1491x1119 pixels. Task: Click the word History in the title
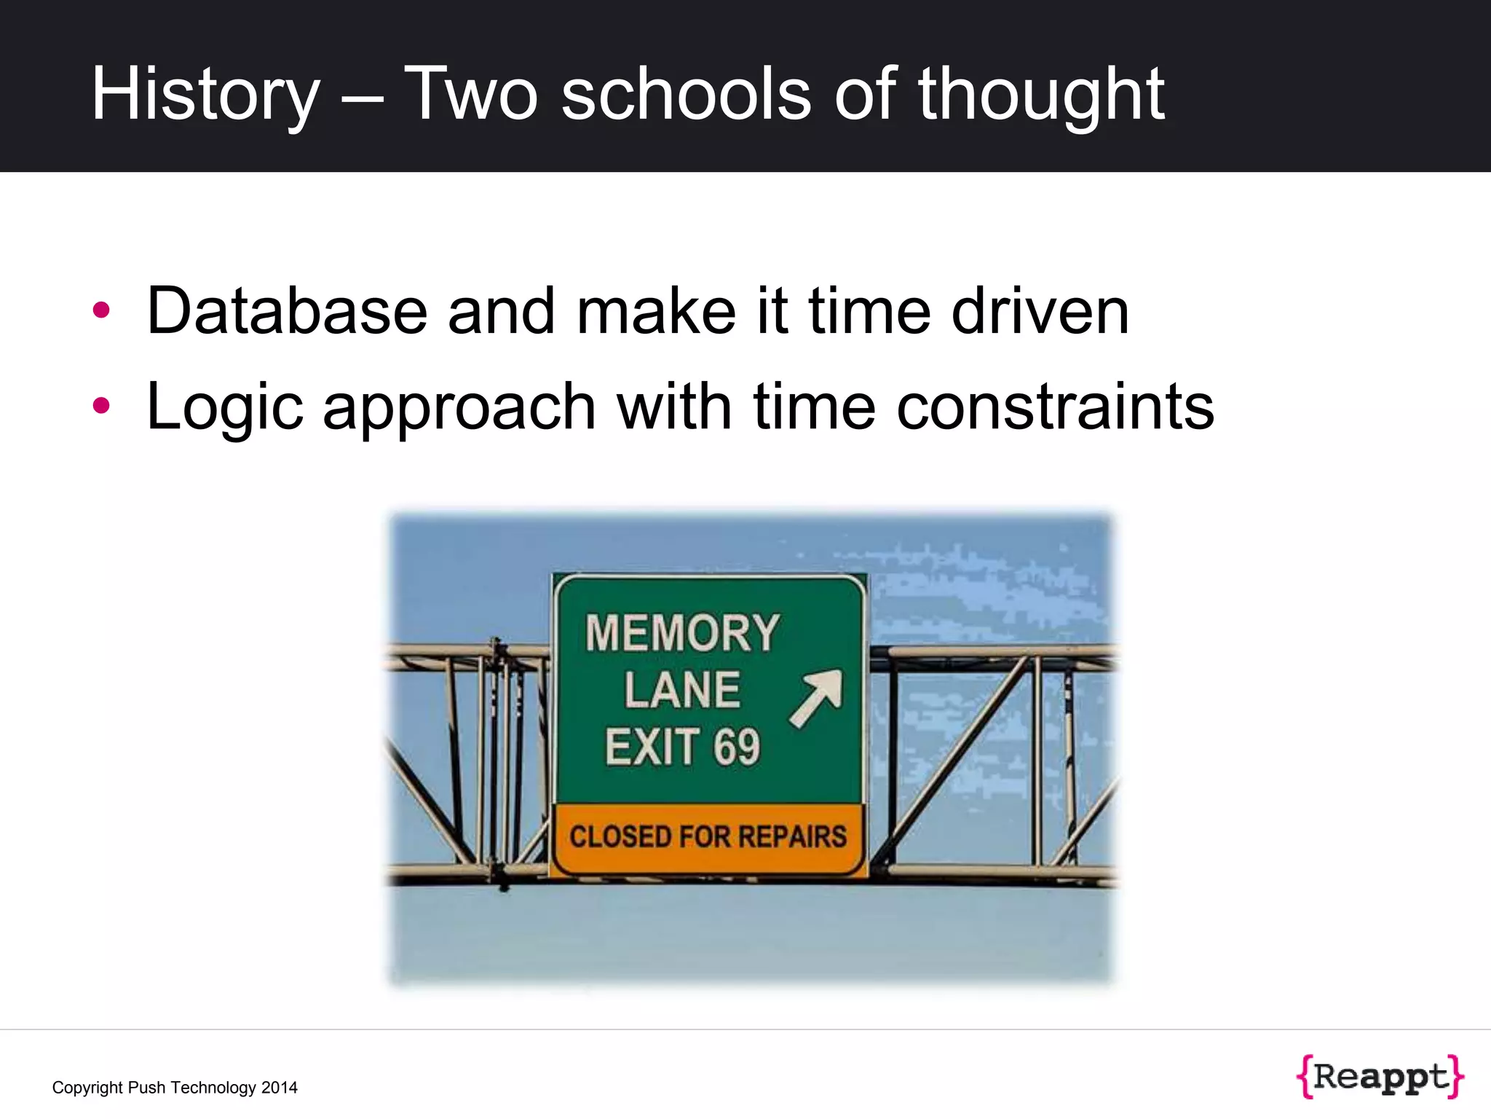[205, 95]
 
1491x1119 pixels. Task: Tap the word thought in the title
[1041, 95]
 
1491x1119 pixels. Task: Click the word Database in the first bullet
[287, 311]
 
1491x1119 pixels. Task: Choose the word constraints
[1056, 407]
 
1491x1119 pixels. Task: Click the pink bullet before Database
[101, 310]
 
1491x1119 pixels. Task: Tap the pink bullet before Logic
[101, 406]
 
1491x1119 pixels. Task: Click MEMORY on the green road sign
[682, 633]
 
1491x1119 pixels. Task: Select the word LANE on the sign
[682, 690]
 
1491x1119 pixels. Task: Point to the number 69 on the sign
[737, 747]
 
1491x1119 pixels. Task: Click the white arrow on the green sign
[817, 698]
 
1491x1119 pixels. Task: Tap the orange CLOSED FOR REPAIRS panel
[708, 837]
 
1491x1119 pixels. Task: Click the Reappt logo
[1380, 1076]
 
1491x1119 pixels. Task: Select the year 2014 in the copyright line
[280, 1088]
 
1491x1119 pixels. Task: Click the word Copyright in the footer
[87, 1088]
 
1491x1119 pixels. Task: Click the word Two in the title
[470, 95]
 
